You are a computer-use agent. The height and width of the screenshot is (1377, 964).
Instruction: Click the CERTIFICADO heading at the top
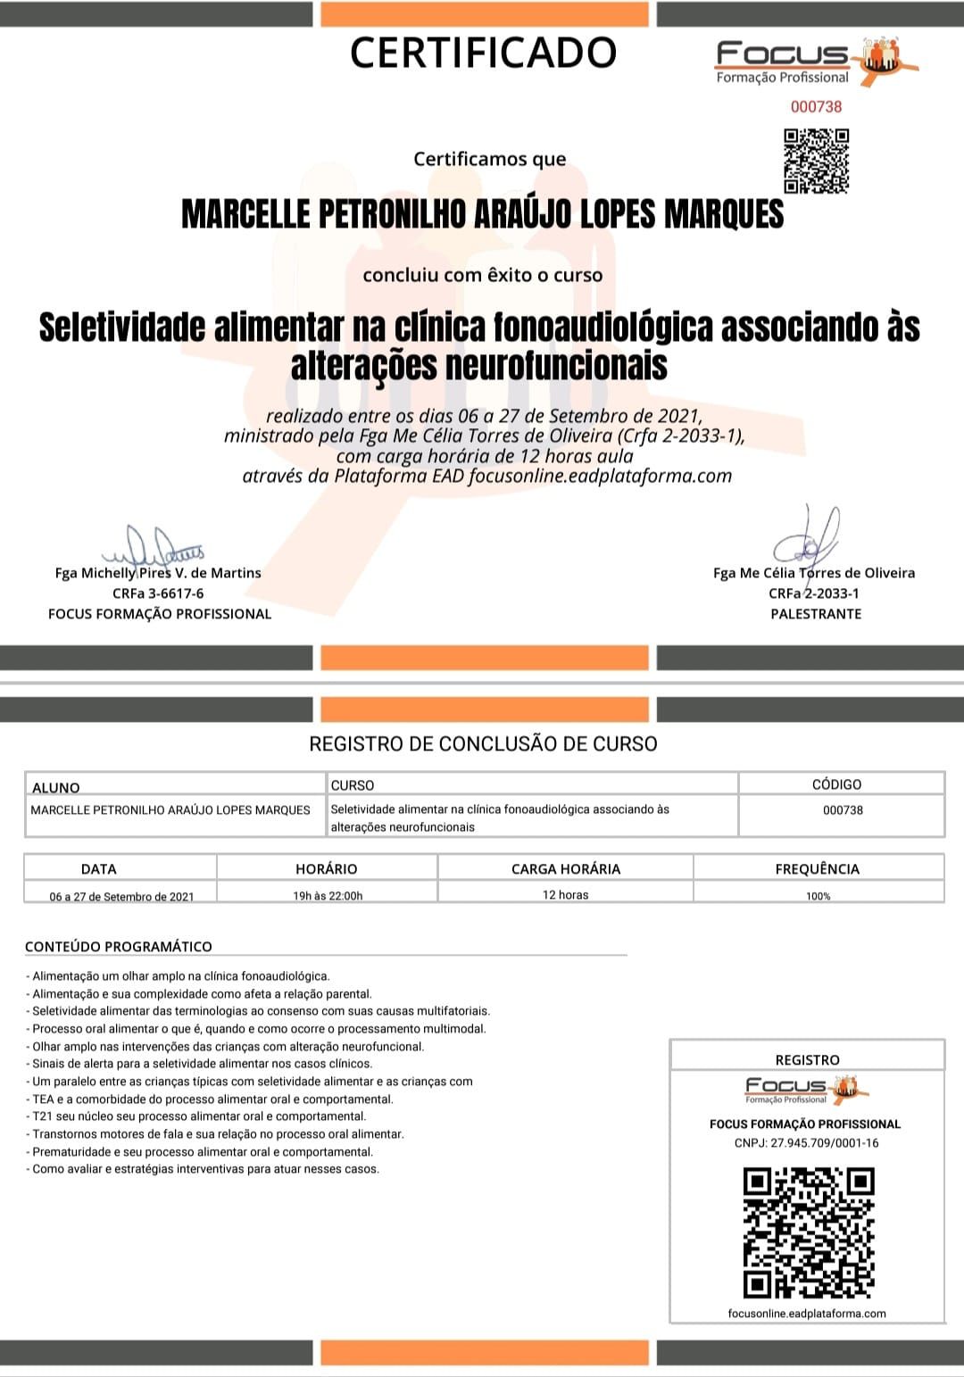[483, 53]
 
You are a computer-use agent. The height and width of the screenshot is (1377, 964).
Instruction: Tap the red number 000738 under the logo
[816, 106]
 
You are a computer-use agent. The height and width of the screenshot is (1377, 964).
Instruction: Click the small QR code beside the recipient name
[816, 161]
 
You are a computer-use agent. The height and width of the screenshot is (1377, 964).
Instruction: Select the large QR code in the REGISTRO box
[808, 1232]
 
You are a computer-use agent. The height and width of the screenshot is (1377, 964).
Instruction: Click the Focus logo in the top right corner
[816, 62]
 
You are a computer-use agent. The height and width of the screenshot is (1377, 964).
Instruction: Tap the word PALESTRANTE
[816, 614]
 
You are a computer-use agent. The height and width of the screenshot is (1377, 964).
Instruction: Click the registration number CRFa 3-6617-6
[158, 593]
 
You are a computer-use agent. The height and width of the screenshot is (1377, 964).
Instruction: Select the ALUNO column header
[56, 787]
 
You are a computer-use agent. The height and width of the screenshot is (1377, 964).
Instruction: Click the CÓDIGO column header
[836, 784]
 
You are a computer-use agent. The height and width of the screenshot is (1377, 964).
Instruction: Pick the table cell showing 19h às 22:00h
[328, 895]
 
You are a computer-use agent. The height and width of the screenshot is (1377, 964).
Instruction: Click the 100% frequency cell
[818, 896]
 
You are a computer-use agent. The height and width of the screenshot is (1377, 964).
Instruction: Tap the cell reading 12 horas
[565, 894]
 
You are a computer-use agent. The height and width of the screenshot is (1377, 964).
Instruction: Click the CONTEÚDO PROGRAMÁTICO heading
[119, 946]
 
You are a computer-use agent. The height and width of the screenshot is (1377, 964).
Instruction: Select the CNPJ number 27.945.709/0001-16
[806, 1142]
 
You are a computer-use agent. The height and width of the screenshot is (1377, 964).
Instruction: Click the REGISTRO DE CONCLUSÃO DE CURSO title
[483, 743]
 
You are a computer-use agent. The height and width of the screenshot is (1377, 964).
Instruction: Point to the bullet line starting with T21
[199, 1116]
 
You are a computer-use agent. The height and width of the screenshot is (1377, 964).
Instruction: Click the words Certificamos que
[489, 159]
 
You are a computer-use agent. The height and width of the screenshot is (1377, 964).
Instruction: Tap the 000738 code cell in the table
[842, 810]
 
